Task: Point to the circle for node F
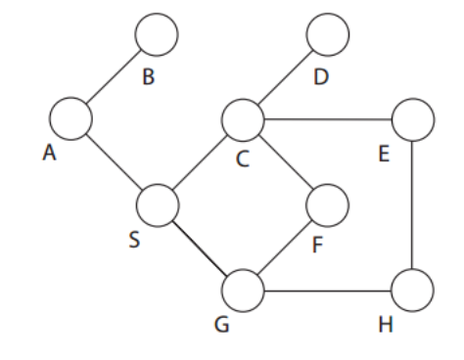327,205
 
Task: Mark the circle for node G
243,290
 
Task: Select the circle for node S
158,205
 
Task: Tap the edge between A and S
115,161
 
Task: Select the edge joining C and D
285,78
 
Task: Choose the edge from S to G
201,247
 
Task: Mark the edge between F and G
285,247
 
